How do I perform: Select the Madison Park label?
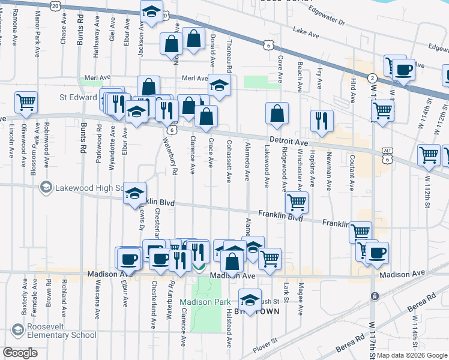pyautogui.click(x=201, y=302)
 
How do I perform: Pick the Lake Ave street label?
pyautogui.click(x=306, y=32)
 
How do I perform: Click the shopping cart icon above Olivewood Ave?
pyautogui.click(x=26, y=103)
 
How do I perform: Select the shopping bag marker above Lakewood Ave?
pyautogui.click(x=277, y=113)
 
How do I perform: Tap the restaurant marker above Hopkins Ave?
pyautogui.click(x=322, y=121)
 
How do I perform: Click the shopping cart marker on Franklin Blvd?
pyautogui.click(x=296, y=203)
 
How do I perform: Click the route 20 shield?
pyautogui.click(x=55, y=5)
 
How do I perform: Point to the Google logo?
pyautogui.click(x=20, y=352)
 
